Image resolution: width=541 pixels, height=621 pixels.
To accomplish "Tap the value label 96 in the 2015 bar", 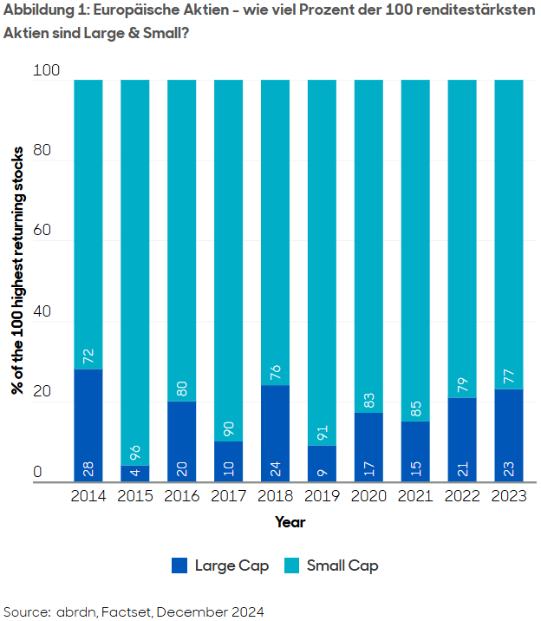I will coord(135,453).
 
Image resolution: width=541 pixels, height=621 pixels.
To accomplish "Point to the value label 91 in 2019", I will coord(322,433).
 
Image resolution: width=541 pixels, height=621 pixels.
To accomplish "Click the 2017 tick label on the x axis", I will coord(229,497).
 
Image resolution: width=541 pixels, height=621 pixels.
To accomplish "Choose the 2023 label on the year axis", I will coord(508,497).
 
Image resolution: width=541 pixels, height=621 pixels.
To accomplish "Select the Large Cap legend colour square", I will coord(179,565).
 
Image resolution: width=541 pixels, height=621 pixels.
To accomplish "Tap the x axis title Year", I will coord(290,522).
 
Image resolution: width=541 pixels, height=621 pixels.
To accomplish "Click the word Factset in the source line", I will coord(130,611).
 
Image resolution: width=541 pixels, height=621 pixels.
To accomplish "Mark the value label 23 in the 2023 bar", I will coord(508,469).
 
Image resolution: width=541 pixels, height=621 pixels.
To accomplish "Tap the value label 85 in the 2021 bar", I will coord(415,409).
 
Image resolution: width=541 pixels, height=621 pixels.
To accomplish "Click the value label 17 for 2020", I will coord(368,469).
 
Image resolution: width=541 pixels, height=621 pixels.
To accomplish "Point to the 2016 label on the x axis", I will coord(182,497).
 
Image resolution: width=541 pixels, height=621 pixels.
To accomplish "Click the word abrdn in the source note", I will coord(75,611).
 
